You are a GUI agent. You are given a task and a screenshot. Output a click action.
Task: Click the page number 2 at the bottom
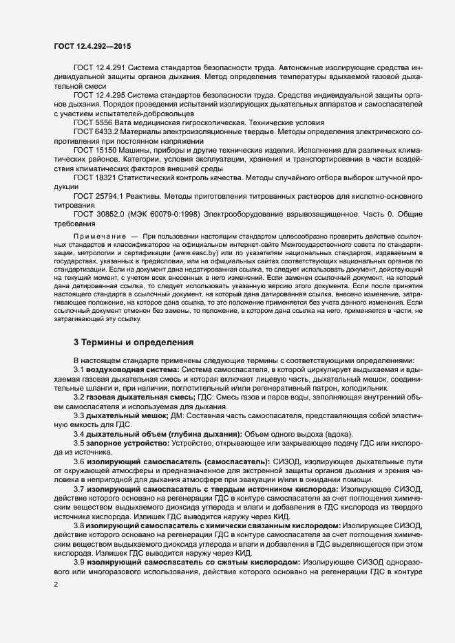(56, 585)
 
